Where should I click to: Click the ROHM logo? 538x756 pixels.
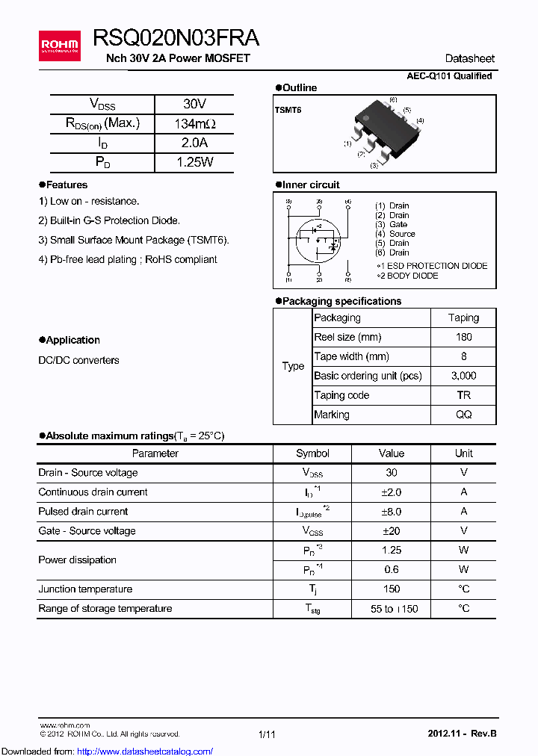pos(60,46)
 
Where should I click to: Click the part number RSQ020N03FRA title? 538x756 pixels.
pos(176,39)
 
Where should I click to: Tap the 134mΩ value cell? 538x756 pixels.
pos(194,123)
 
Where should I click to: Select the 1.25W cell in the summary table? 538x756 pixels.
pos(194,162)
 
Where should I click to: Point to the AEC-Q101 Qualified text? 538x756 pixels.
pos(449,76)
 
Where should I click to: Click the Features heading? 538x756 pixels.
pos(67,185)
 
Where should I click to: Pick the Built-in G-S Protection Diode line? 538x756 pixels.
pos(109,220)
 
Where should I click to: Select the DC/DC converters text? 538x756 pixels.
pos(78,360)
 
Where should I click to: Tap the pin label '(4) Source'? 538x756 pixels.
pos(395,234)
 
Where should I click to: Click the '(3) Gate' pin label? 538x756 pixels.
pos(392,224)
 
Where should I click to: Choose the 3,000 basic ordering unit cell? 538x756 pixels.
pos(464,376)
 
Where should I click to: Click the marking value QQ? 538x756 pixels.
pos(464,415)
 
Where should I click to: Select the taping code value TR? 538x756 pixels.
pos(464,395)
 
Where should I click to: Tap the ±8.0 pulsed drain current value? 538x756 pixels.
pos(391,512)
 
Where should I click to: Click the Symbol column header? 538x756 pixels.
pos(312,453)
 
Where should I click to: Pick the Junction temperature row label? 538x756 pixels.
pos(85,589)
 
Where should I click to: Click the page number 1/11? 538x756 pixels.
pos(267,734)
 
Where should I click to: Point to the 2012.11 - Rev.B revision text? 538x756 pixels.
pos(462,734)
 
